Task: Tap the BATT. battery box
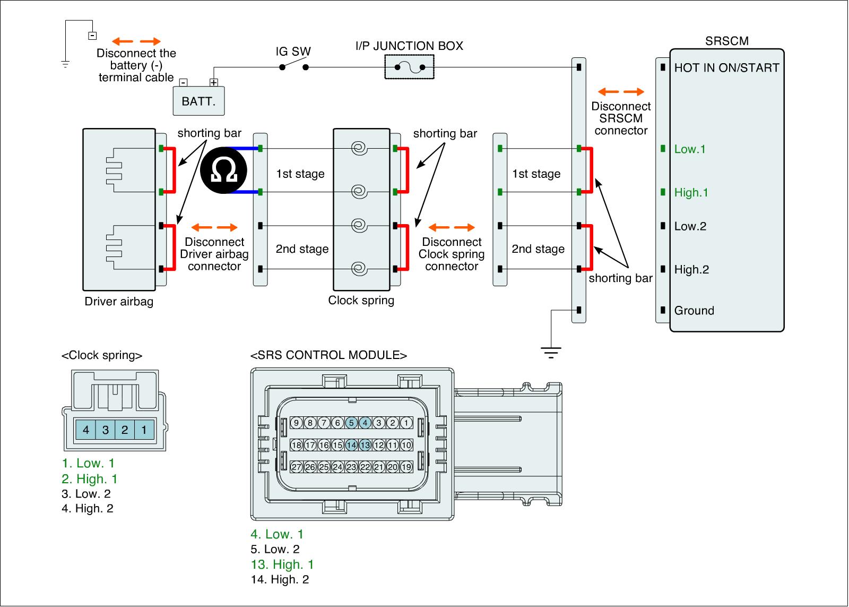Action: pos(198,101)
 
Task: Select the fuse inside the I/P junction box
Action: pos(409,67)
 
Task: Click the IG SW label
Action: pos(293,52)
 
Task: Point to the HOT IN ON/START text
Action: pos(726,68)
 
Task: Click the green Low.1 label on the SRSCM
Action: pos(690,149)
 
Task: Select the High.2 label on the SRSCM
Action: pos(691,270)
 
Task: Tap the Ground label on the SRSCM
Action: pos(694,311)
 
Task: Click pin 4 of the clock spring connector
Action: pos(86,430)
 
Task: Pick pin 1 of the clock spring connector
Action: pos(144,430)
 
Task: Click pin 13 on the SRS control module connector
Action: pos(365,445)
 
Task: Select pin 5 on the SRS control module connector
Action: pos(351,423)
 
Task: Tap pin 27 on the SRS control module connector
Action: pos(296,467)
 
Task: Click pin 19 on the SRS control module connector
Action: pos(406,467)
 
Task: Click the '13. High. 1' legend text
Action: pos(282,565)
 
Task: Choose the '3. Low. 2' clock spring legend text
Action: pos(86,494)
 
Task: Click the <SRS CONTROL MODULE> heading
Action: pos(328,355)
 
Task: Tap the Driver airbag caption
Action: pos(119,302)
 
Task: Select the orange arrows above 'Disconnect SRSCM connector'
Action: pos(621,91)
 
